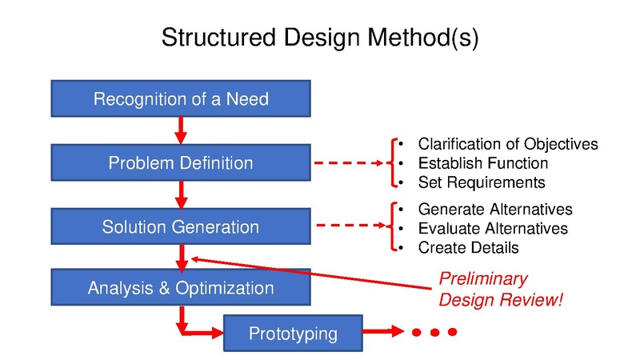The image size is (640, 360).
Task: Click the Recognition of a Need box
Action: coord(181,100)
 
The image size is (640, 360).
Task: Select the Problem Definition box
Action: coord(181,163)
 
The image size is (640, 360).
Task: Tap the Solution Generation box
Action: coord(181,227)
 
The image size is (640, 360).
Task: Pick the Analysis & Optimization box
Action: coord(181,288)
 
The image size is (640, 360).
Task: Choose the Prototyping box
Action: coord(292,333)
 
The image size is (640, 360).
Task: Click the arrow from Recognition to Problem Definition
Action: coord(181,129)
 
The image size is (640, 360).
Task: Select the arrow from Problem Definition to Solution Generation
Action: coord(181,192)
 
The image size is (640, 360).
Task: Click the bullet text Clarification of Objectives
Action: coord(508,144)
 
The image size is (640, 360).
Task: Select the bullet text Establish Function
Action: coord(482,163)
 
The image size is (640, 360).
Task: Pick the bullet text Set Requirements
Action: coord(481,182)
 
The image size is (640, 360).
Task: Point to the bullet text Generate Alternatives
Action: coord(495,210)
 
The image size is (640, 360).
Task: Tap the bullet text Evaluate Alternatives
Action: coord(493,229)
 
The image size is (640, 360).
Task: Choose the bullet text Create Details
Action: coord(468,248)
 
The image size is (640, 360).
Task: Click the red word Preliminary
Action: coord(482,279)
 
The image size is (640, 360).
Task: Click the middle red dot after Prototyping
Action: coord(434,331)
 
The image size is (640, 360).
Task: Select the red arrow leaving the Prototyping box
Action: coord(384,331)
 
